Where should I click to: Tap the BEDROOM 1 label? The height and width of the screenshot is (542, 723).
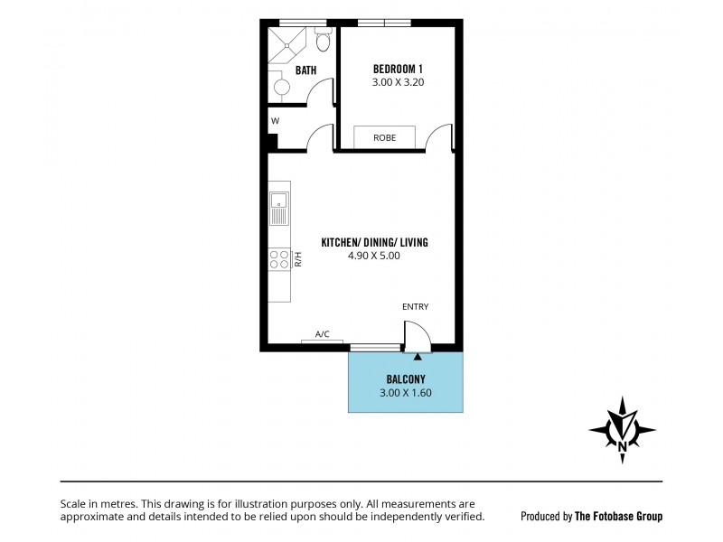399,69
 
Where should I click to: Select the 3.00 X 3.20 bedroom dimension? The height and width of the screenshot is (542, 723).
399,82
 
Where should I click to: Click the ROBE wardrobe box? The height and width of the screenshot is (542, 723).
385,137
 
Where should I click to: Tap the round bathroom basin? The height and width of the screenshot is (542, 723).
282,88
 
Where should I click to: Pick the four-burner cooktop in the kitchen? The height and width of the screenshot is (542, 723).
278,260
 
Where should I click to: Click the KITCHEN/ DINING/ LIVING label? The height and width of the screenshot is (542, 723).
374,242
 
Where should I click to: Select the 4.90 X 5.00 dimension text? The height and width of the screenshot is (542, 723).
374,256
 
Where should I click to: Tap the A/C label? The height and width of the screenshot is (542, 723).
322,334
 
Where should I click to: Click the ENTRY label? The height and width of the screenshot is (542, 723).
416,307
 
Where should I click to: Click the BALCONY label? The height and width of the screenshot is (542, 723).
406,379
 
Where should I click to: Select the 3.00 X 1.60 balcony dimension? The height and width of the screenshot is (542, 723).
406,393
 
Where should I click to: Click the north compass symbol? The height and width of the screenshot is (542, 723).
623,429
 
